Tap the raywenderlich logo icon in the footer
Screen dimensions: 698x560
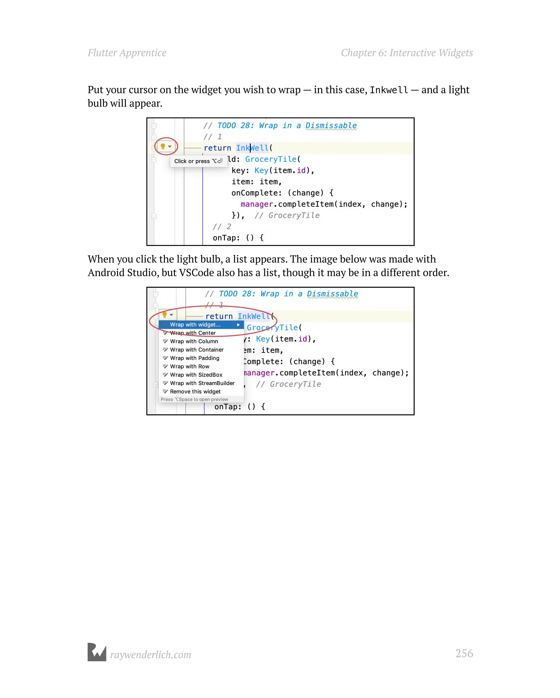point(97,652)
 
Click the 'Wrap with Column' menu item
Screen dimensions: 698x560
point(194,341)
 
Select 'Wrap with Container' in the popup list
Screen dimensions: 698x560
point(197,350)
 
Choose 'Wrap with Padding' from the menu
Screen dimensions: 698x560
point(194,358)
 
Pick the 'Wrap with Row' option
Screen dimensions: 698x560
point(190,367)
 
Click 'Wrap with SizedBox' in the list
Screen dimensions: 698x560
point(196,375)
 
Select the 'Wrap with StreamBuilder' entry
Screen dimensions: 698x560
point(202,383)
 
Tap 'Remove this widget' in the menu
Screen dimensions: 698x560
point(195,392)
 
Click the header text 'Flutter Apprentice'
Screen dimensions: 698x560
point(127,53)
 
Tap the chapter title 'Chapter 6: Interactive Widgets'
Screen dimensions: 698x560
point(407,53)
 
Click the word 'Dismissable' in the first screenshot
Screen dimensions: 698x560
point(331,126)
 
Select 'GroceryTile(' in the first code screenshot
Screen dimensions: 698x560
point(273,159)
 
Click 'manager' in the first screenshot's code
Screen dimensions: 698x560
point(257,204)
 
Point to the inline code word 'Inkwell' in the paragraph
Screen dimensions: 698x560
point(389,90)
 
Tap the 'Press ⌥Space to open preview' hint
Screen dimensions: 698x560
point(194,400)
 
